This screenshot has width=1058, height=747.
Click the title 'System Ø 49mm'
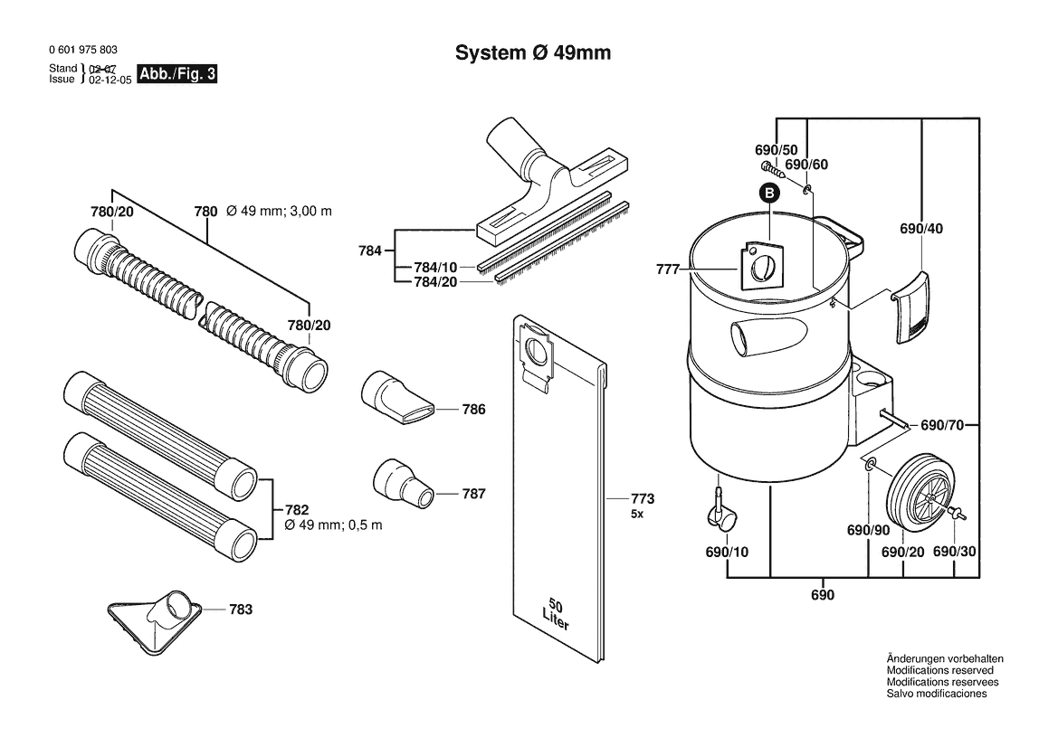[533, 52]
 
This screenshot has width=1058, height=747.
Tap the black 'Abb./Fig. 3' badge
[176, 73]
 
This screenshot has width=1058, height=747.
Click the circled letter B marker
[769, 194]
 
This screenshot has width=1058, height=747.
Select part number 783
[241, 610]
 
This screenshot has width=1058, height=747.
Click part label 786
[473, 410]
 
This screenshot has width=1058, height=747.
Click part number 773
[643, 499]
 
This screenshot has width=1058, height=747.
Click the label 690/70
[943, 425]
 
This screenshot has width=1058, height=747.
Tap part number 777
[667, 269]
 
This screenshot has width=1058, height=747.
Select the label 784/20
[435, 282]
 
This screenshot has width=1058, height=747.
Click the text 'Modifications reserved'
[940, 670]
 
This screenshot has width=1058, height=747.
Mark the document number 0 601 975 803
[83, 50]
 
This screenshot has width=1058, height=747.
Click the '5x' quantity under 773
[637, 515]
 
